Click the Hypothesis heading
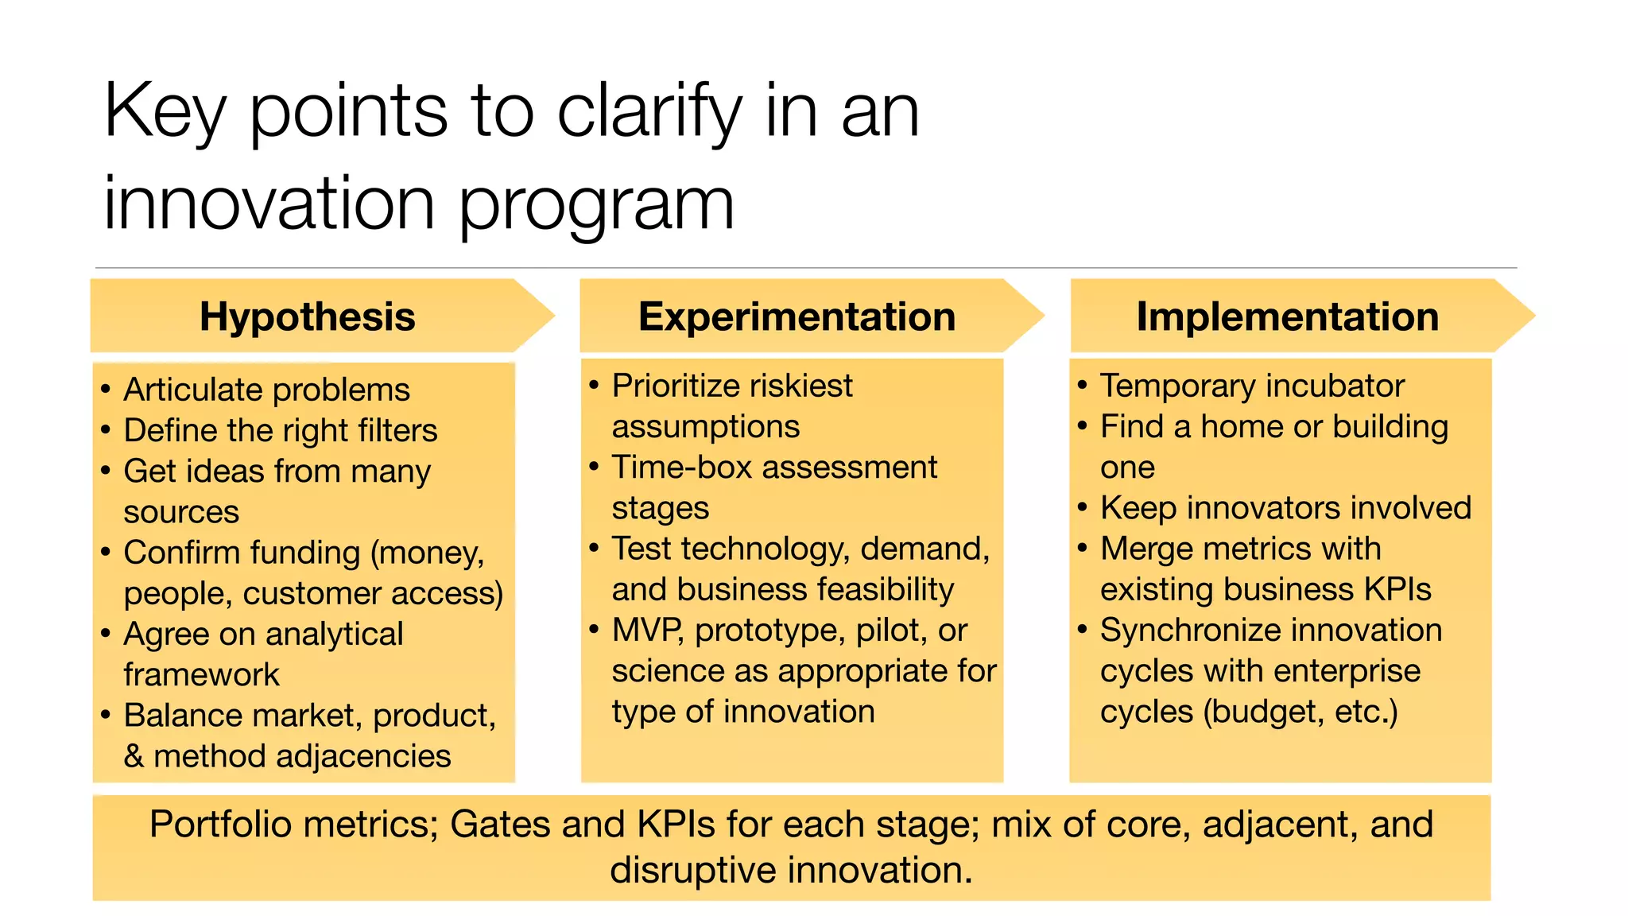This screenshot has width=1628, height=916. [x=307, y=316]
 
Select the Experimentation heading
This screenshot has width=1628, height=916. [x=797, y=316]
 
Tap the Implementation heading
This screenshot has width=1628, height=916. [x=1287, y=316]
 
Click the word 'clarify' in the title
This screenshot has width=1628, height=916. [x=649, y=111]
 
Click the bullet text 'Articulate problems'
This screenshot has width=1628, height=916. [x=266, y=390]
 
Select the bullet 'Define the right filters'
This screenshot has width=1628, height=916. [x=280, y=430]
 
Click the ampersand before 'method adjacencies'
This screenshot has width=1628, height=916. [x=134, y=756]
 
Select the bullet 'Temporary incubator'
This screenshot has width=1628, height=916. [x=1252, y=386]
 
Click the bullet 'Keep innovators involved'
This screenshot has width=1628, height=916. [x=1285, y=508]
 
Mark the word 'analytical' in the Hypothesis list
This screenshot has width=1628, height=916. [x=334, y=635]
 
